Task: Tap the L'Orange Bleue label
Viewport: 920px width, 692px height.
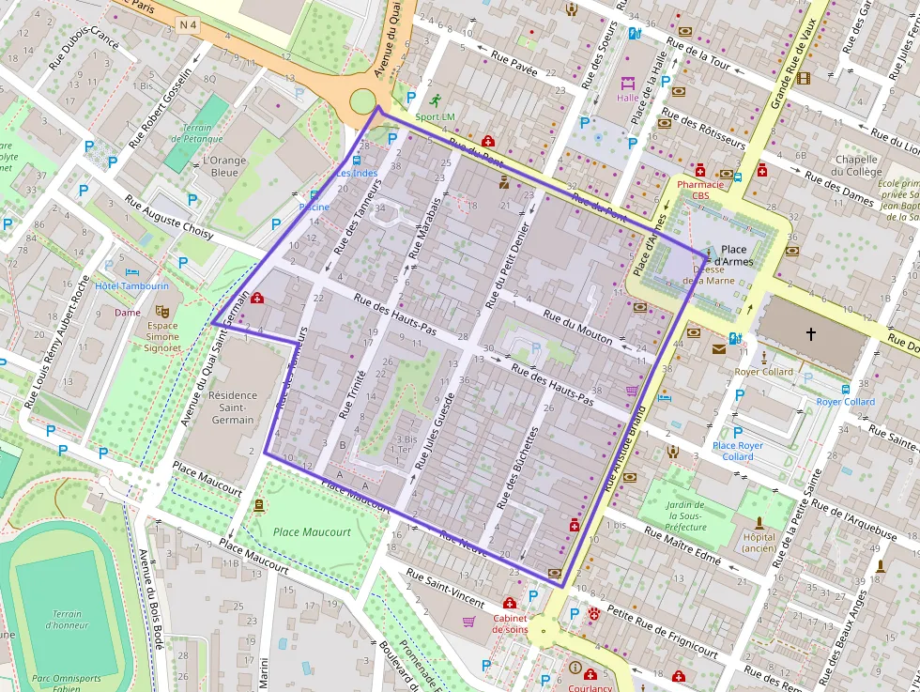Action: tap(224, 166)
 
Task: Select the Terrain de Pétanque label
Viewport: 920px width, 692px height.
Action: tap(197, 133)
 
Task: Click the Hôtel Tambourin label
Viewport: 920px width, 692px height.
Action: tap(130, 285)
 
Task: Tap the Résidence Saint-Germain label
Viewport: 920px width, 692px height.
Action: tap(232, 408)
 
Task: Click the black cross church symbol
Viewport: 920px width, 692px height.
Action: tap(811, 333)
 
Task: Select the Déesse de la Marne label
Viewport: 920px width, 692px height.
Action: tap(708, 274)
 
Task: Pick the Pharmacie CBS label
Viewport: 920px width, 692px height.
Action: tap(700, 190)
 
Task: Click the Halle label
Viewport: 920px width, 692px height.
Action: tap(627, 98)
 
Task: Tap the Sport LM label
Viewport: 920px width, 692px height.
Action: tap(435, 116)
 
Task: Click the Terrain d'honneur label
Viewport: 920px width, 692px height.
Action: tap(67, 620)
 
